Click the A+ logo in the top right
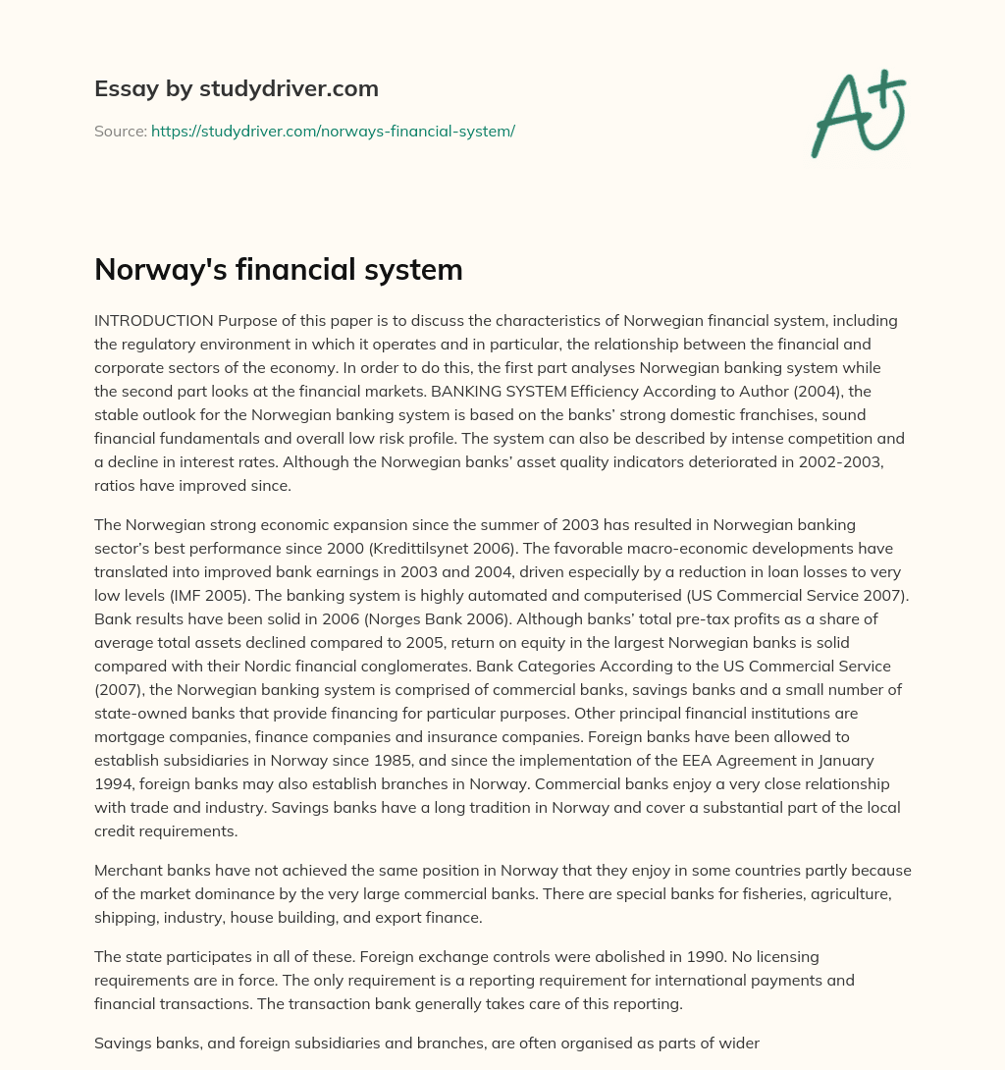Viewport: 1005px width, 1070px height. click(x=858, y=113)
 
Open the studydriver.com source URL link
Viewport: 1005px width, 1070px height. click(x=333, y=131)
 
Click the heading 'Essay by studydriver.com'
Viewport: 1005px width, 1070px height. click(x=236, y=88)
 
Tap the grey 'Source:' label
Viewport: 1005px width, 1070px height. click(x=120, y=131)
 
